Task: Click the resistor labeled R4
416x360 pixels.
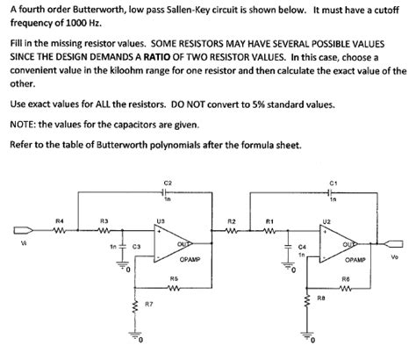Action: pyautogui.click(x=60, y=233)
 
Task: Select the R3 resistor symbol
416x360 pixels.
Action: pyautogui.click(x=104, y=233)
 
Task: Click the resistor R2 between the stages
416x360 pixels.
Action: pyautogui.click(x=231, y=233)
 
